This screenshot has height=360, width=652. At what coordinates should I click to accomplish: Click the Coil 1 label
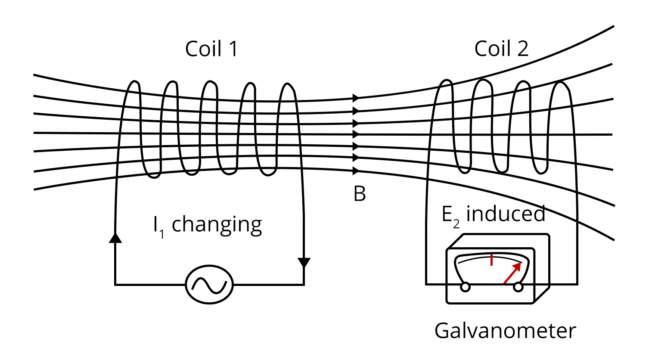point(211,49)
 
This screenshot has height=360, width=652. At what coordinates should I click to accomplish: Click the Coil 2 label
point(501,49)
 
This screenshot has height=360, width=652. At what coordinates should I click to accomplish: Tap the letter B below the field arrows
point(360,194)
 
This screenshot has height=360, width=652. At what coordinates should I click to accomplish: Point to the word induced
point(506,214)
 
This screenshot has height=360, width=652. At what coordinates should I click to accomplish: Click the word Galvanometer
point(505,331)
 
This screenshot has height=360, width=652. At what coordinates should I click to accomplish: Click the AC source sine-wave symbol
point(209,285)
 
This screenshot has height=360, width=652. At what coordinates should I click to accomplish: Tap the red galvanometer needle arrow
point(512,273)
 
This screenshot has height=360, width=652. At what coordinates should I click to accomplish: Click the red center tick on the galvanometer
point(491,260)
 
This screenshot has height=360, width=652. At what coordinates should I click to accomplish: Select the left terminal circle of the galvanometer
point(465,287)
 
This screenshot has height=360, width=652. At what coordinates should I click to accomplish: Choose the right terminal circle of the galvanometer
point(518,287)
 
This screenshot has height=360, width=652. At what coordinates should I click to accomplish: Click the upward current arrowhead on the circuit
point(115,238)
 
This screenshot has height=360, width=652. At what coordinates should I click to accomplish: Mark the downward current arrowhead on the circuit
point(304,262)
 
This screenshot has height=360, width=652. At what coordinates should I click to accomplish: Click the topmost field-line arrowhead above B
point(356,98)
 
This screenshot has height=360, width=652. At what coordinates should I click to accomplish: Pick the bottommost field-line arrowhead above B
point(356,171)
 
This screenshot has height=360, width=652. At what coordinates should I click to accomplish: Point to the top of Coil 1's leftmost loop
point(135,82)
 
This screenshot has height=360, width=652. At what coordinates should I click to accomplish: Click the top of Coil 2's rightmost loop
point(561,83)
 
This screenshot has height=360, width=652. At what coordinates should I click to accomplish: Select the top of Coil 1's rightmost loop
point(287,84)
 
